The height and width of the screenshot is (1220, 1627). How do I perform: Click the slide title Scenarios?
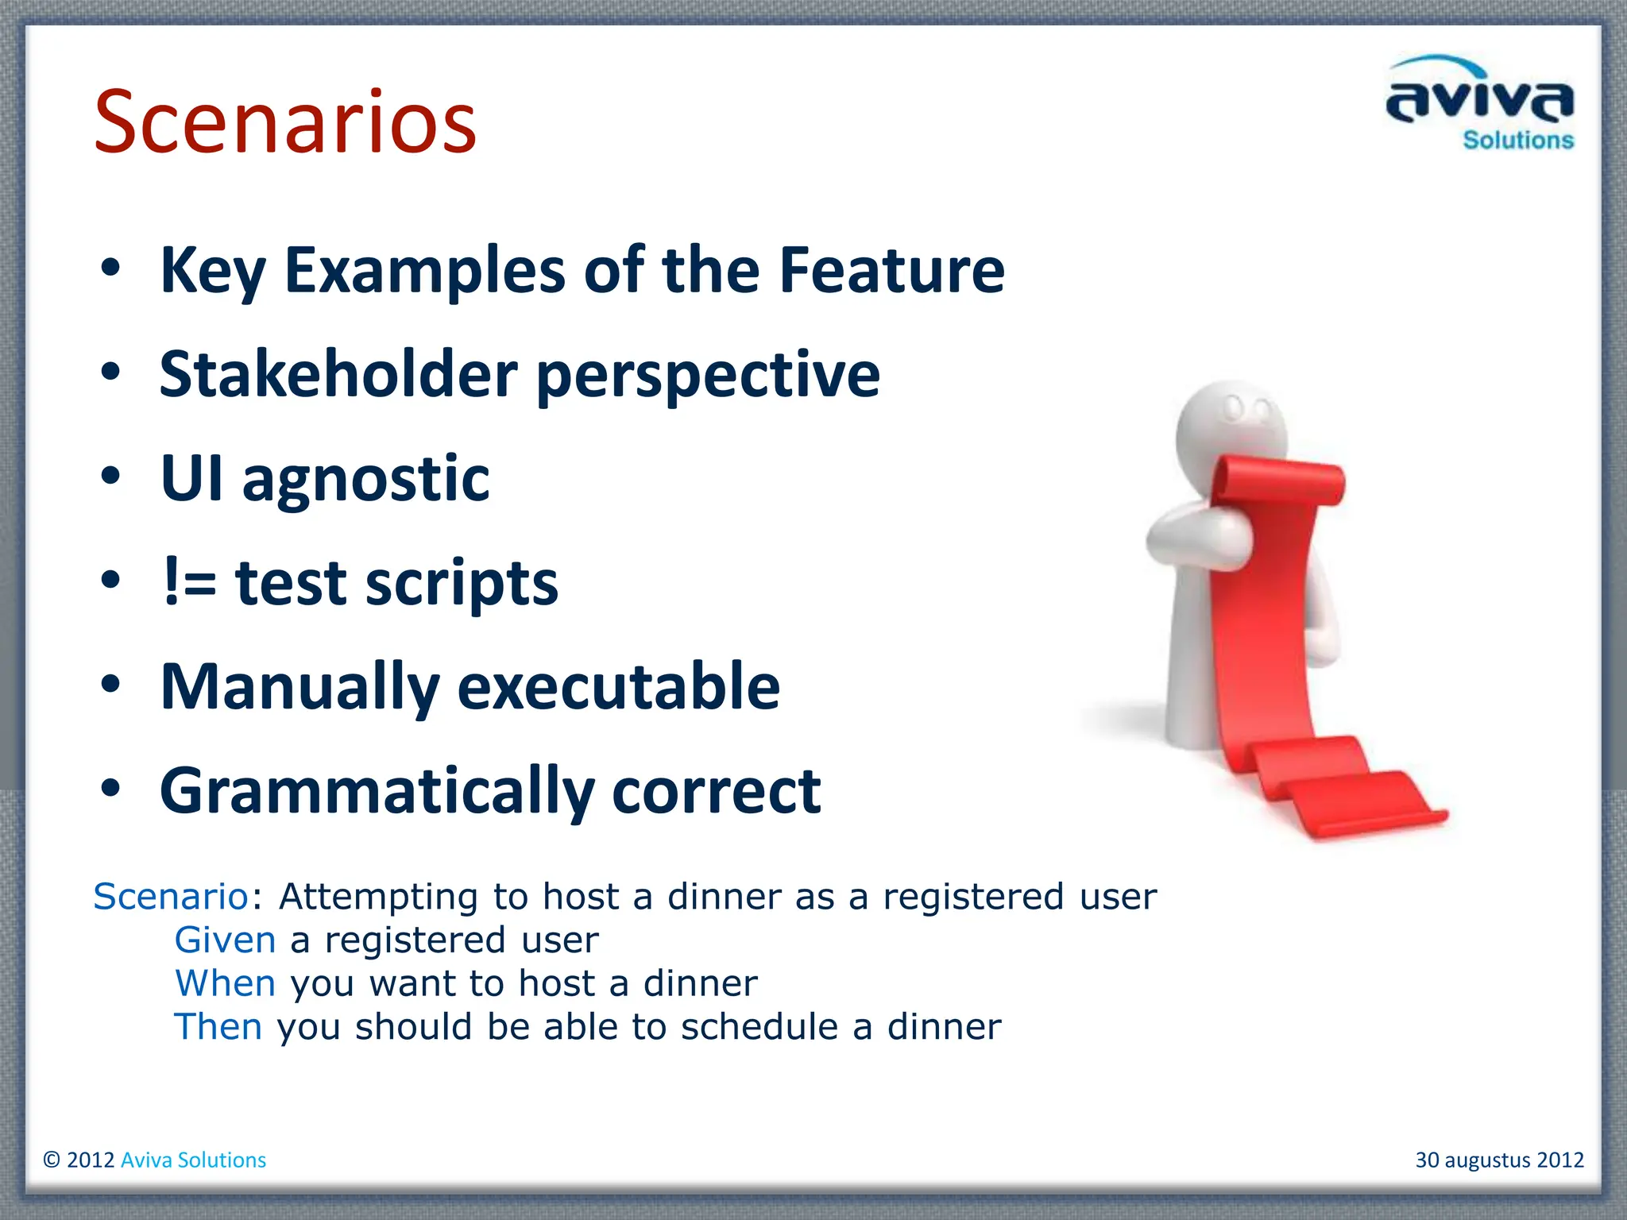point(284,122)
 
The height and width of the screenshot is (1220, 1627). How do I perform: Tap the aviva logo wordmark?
point(1479,99)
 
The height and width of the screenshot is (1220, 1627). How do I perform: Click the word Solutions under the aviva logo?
point(1517,141)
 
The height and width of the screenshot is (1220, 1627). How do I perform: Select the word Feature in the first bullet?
point(891,270)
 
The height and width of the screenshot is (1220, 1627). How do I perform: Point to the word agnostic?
point(365,480)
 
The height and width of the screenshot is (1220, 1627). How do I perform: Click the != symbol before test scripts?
point(189,582)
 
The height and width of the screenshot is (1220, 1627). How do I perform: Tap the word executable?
point(618,686)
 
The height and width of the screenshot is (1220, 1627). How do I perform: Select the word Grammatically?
point(377,791)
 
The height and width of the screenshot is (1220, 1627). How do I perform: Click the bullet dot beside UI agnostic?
point(110,477)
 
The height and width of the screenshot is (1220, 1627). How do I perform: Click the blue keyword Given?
point(225,940)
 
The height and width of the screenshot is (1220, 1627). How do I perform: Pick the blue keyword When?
point(225,983)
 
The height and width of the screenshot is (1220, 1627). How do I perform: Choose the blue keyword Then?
point(218,1027)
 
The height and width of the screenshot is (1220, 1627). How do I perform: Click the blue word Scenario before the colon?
point(171,897)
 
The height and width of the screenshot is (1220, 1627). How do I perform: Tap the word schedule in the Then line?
point(759,1027)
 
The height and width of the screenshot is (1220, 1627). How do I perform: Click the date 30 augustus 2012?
point(1499,1160)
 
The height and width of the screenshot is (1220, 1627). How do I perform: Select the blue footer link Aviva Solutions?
point(193,1160)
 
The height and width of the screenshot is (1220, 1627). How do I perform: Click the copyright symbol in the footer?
point(52,1160)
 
